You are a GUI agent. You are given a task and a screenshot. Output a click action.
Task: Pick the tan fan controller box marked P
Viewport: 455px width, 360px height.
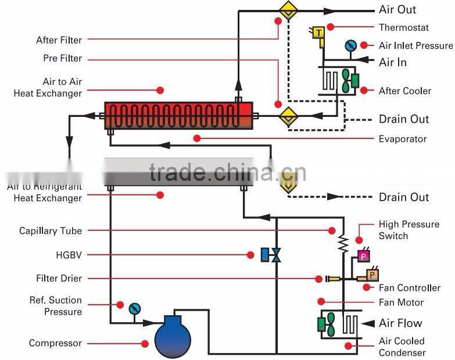(x=372, y=273)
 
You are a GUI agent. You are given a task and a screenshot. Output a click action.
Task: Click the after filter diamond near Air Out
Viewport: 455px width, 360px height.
(x=287, y=10)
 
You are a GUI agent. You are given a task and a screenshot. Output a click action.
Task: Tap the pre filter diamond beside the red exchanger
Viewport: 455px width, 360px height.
(x=287, y=116)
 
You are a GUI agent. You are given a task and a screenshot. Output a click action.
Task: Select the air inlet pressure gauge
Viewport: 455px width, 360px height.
(x=350, y=45)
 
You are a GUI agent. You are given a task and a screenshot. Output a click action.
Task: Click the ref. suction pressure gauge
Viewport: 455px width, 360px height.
(x=135, y=308)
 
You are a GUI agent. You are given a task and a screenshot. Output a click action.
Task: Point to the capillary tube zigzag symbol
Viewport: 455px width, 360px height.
(x=343, y=244)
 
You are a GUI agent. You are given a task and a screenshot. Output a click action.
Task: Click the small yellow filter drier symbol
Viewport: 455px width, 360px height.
(x=333, y=279)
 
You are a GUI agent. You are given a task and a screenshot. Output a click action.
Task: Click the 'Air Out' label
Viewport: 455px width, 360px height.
(x=397, y=9)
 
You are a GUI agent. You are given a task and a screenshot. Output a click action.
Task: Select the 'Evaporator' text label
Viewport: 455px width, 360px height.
(x=402, y=139)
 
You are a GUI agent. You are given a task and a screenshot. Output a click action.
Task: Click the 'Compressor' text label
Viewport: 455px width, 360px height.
(x=55, y=343)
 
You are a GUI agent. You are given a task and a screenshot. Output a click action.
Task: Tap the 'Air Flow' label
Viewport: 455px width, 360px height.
(x=400, y=323)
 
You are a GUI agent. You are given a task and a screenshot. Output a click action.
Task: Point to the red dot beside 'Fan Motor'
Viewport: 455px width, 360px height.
(x=320, y=301)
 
